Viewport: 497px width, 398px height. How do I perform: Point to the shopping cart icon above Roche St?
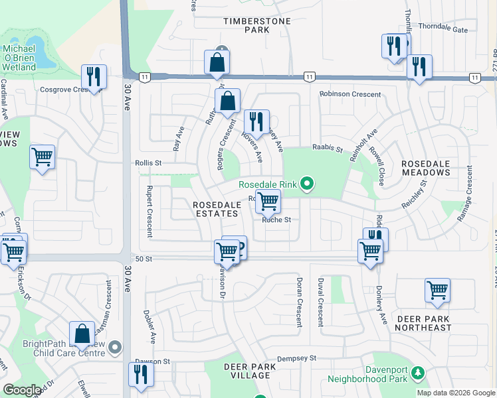pos(268,200)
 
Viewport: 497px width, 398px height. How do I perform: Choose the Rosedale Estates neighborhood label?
pos(216,209)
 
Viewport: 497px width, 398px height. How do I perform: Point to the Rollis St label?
pos(149,163)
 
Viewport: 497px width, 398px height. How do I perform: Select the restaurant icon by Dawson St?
pos(141,374)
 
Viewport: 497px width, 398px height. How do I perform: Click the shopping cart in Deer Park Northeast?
pos(437,290)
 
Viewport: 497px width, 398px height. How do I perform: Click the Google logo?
pos(23,390)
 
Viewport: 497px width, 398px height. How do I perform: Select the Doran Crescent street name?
pos(300,302)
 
